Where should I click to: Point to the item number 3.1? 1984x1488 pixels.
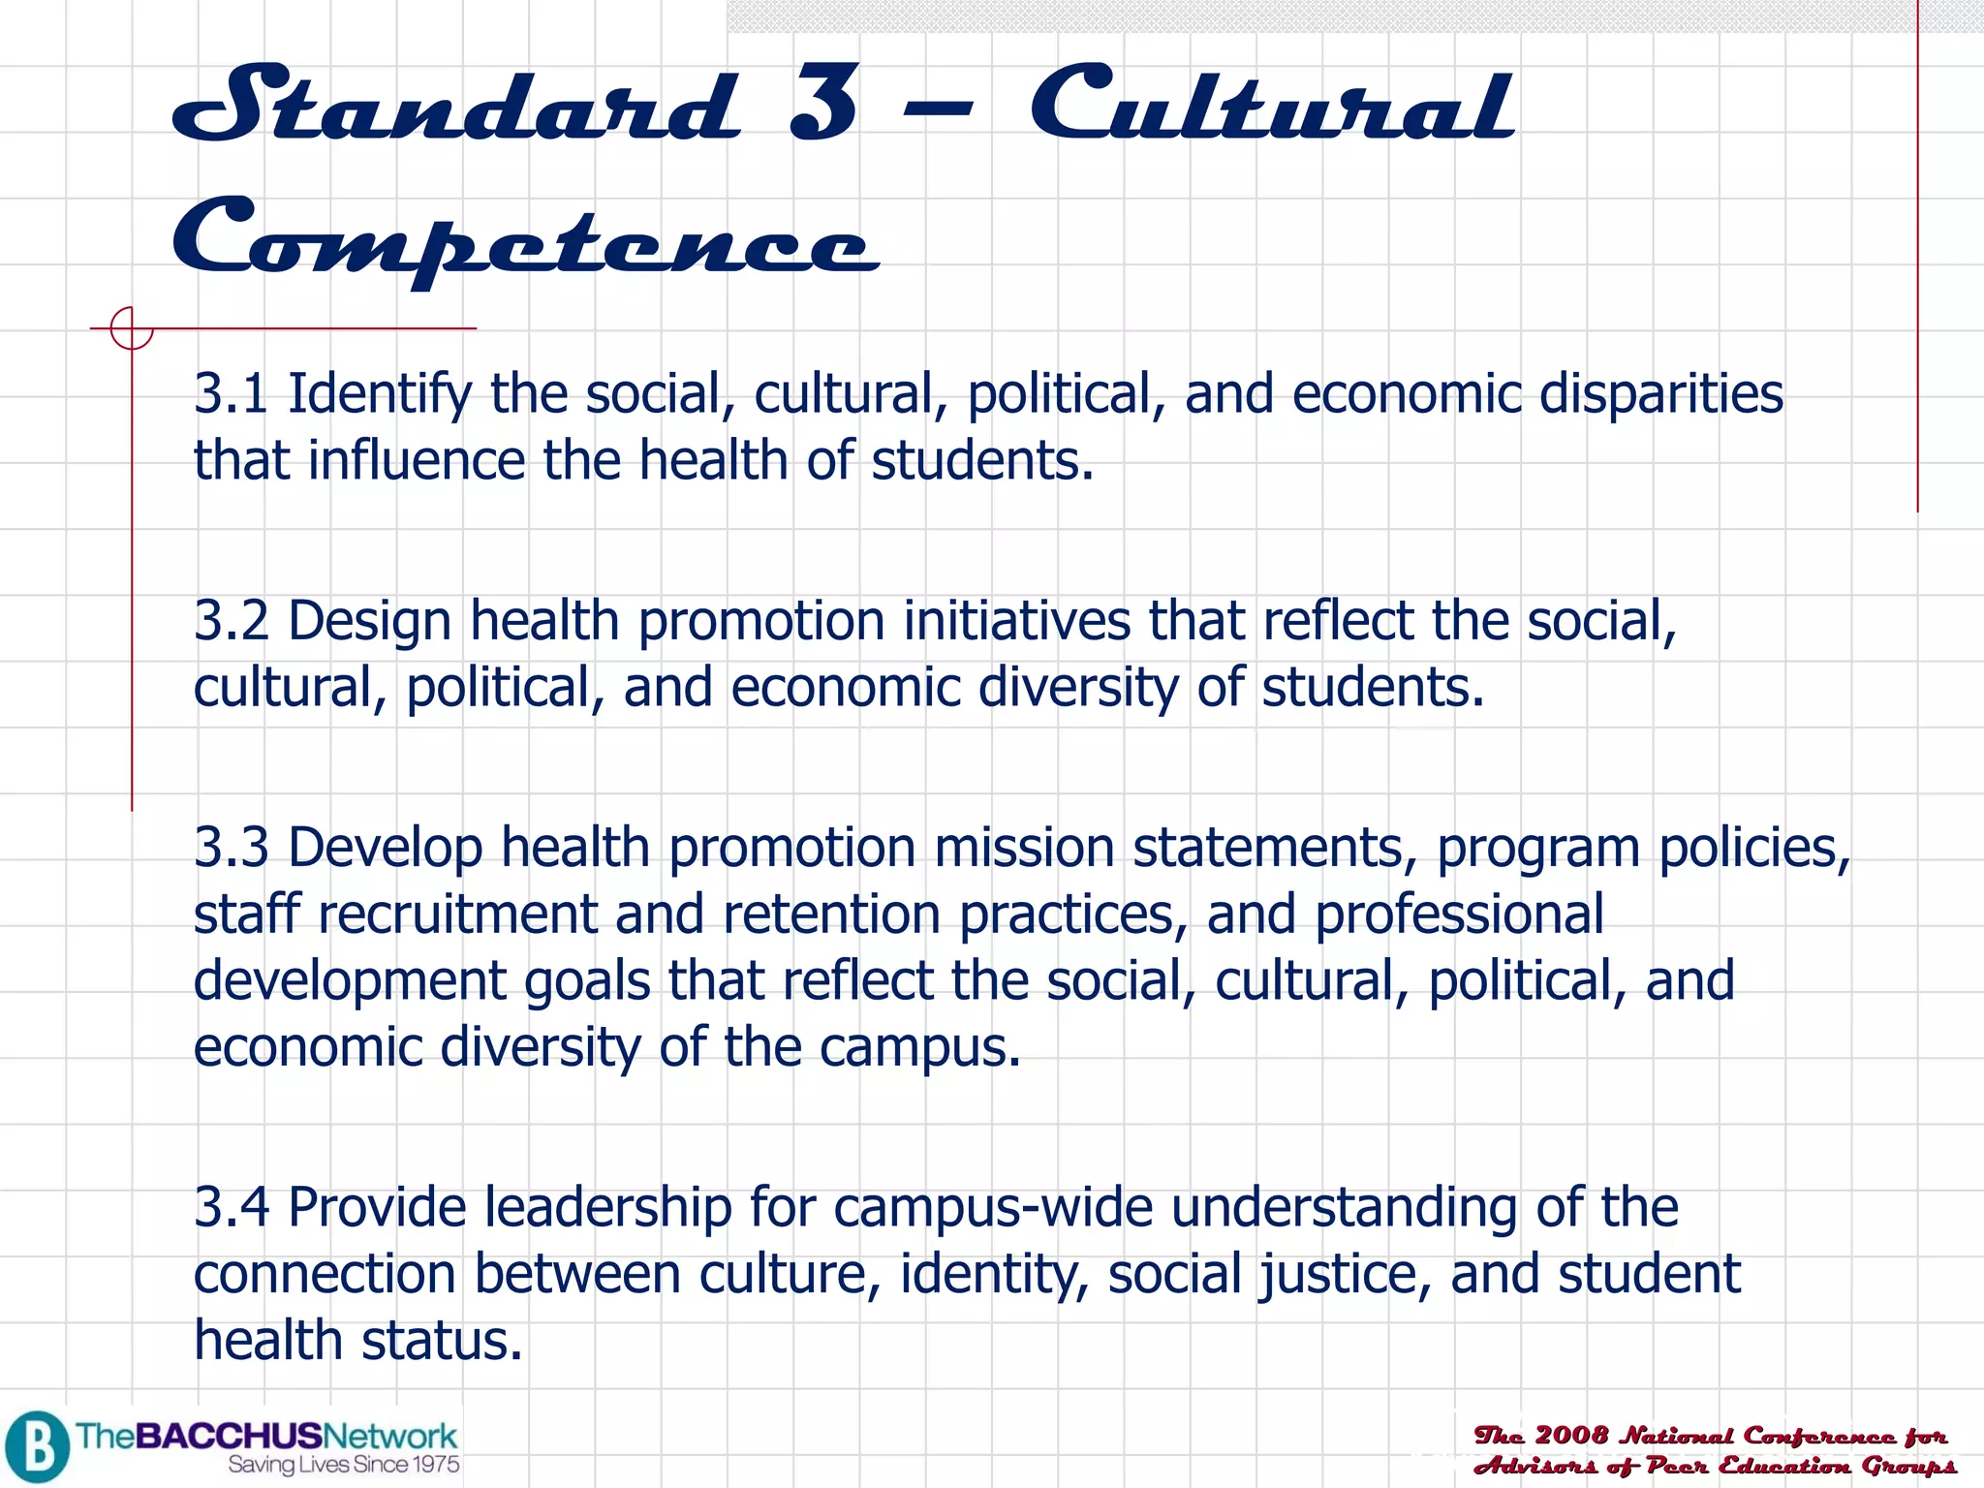click(231, 394)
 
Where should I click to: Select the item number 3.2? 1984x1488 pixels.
click(231, 621)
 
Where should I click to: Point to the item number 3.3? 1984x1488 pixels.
click(231, 848)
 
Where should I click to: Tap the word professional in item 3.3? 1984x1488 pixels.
click(1459, 914)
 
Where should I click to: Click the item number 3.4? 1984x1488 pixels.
click(231, 1208)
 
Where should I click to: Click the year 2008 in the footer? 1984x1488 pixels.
click(1571, 1436)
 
